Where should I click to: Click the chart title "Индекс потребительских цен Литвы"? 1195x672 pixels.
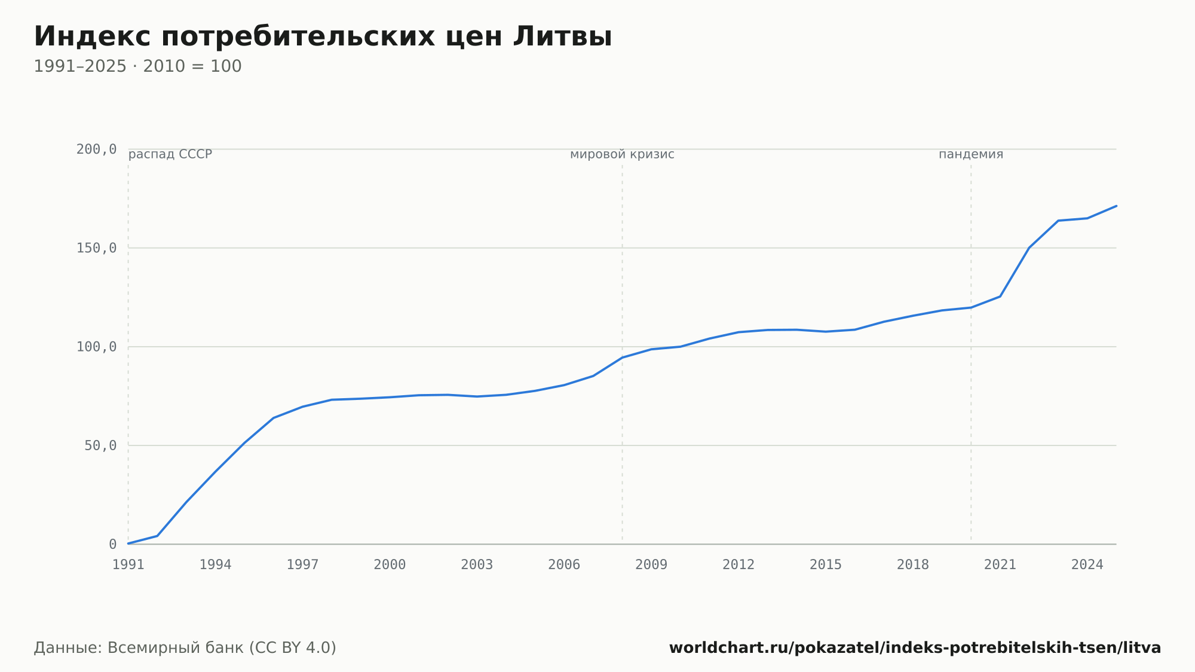click(x=323, y=36)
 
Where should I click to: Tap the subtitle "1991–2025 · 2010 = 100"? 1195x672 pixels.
click(x=137, y=66)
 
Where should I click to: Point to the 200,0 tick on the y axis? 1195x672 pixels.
click(x=96, y=149)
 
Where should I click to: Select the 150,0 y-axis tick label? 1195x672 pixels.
click(x=96, y=248)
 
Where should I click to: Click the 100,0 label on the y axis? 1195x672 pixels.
click(x=96, y=347)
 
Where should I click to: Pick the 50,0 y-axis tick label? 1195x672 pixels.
click(x=100, y=445)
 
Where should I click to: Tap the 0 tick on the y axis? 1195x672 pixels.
click(x=113, y=544)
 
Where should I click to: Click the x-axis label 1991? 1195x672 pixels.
click(x=128, y=565)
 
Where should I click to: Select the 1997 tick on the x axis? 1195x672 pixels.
click(x=302, y=565)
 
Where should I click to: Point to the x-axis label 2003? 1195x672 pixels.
click(x=477, y=565)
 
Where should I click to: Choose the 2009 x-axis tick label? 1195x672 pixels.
click(x=651, y=565)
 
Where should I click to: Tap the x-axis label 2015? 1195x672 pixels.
click(x=826, y=565)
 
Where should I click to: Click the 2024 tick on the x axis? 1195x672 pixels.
click(x=1087, y=565)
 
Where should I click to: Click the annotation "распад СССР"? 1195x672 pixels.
click(x=170, y=154)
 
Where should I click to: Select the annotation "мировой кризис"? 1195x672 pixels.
click(x=622, y=154)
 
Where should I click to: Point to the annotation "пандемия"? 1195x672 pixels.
click(x=971, y=154)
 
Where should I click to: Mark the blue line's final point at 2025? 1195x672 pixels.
click(x=1116, y=206)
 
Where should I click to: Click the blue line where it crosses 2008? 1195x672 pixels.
click(x=622, y=358)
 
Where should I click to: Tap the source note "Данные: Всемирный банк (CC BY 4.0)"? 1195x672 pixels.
click(x=185, y=647)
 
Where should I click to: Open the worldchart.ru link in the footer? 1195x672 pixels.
click(x=915, y=647)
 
